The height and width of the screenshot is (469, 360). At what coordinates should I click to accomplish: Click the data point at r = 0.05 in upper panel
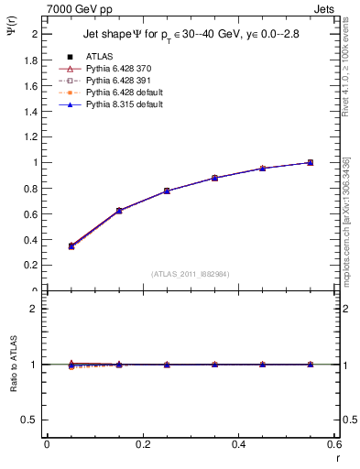(71, 245)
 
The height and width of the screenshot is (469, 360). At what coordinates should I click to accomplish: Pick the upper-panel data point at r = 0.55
(310, 162)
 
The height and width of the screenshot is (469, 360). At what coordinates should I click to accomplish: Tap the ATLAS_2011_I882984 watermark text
(190, 273)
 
